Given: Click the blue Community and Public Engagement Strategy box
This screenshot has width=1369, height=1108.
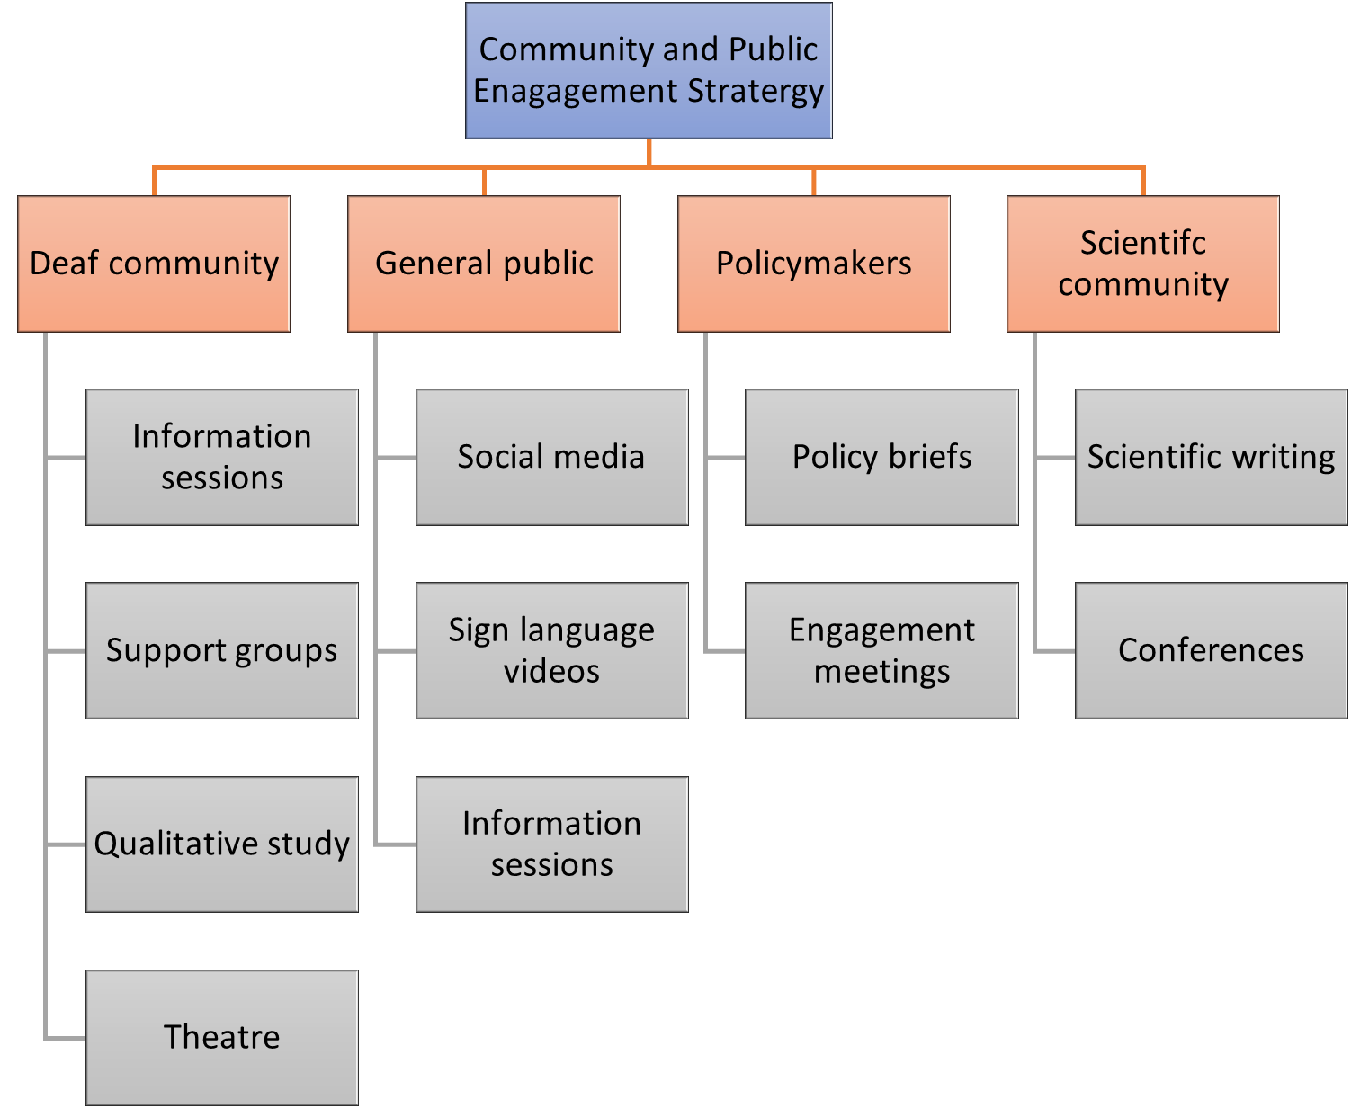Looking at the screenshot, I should coord(649,70).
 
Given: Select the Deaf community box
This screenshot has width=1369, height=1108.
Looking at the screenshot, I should coord(154,264).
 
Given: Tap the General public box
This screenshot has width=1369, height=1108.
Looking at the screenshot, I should coord(484,264).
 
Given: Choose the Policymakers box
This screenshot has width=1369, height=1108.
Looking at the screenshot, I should coord(814,264).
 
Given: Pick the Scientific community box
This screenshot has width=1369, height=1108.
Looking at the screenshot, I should coord(1143,264).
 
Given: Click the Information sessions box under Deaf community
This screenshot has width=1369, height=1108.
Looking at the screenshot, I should coord(222,457).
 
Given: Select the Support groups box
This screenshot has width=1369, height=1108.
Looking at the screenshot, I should coord(222,650).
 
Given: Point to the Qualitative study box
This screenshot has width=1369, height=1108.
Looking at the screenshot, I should coord(222,844).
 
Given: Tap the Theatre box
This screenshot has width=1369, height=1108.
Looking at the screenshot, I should coord(222,1037).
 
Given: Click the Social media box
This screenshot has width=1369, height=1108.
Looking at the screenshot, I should coord(551,457).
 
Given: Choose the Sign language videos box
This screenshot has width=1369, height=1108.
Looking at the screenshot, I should coord(551,650).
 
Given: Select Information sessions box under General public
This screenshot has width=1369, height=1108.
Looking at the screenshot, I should coord(551,844).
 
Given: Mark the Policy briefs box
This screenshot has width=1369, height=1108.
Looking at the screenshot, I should coord(881,457).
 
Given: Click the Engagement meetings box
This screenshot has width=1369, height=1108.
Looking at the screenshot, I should coord(881,650).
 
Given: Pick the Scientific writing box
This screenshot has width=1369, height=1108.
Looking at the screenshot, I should coord(1212,457).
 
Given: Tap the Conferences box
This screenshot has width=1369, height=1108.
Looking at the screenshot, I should coord(1212,650).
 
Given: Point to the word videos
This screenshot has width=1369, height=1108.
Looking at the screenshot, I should coord(551,672).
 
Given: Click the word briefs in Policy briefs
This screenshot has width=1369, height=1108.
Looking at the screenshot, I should coord(929,457).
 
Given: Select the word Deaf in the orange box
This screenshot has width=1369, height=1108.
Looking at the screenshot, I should coord(64,264).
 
